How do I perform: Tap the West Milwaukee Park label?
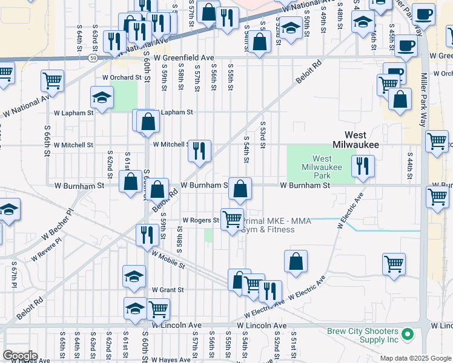point(322,167)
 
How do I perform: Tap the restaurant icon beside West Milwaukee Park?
point(363,165)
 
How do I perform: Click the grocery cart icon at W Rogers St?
point(231,219)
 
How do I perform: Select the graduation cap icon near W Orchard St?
point(102,97)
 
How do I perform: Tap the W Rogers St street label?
point(200,220)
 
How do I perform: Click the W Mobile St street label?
point(168,261)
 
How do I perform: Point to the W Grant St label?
point(168,290)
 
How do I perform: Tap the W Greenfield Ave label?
point(184,57)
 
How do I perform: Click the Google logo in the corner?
point(20,356)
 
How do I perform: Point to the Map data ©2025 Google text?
point(415,358)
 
